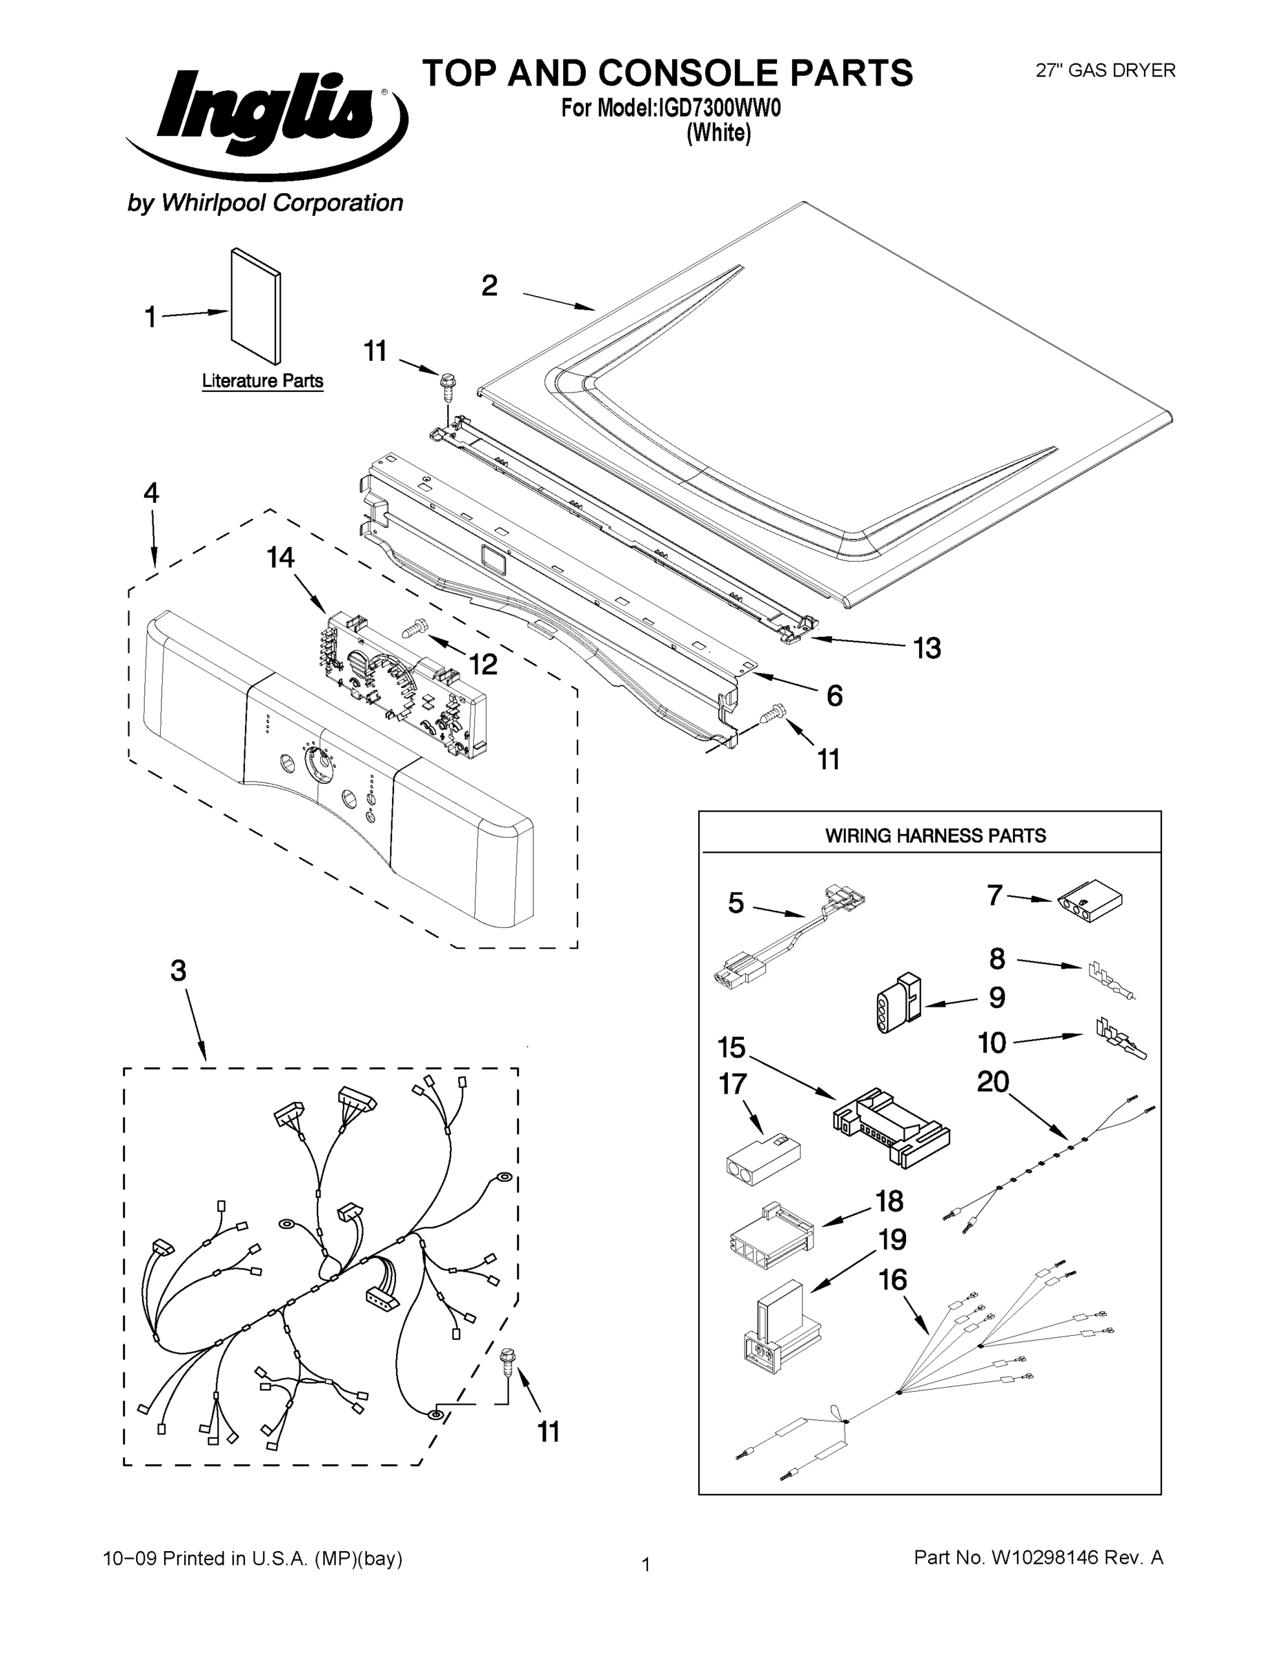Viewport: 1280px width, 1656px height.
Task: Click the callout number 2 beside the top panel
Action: click(x=490, y=286)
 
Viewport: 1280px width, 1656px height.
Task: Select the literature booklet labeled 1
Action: click(x=255, y=307)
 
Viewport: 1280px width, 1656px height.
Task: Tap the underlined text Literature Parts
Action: click(x=262, y=382)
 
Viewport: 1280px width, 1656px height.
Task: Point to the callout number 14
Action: click(x=281, y=558)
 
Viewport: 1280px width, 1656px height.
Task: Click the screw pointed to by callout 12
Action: click(x=415, y=627)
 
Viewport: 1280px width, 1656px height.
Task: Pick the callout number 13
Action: click(x=927, y=649)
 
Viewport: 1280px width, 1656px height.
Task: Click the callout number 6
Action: click(x=834, y=696)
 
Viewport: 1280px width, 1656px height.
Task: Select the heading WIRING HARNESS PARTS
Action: click(x=935, y=836)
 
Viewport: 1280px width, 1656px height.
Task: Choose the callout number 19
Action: click(x=892, y=1240)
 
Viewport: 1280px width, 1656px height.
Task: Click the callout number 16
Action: click(x=892, y=1280)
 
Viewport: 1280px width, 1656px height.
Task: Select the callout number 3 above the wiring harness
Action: click(x=178, y=972)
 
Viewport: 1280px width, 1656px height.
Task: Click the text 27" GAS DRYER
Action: click(x=1105, y=70)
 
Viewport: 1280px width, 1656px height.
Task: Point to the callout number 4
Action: click(x=152, y=493)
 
